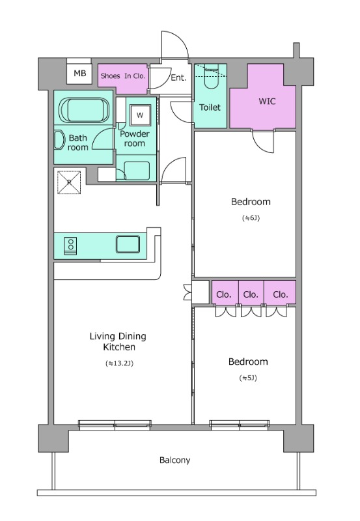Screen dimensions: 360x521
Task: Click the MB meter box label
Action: [79, 73]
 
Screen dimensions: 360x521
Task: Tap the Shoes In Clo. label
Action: [123, 76]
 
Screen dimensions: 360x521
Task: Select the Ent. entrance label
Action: [178, 77]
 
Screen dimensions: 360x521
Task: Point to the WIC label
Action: [267, 101]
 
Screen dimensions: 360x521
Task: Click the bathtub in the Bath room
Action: [84, 110]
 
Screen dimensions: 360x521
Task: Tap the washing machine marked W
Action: [140, 115]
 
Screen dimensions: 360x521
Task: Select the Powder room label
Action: [135, 139]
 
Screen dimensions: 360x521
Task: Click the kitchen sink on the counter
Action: [128, 244]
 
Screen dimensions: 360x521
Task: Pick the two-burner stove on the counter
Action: [70, 246]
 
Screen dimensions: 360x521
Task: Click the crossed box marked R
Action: [69, 182]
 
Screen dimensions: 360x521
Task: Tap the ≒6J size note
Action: [251, 218]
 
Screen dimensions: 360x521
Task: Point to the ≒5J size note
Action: [248, 378]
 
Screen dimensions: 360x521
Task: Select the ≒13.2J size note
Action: [119, 363]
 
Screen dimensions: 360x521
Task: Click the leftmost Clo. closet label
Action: [223, 294]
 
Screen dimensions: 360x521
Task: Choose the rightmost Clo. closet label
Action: [281, 294]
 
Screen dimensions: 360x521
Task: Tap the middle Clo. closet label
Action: [251, 294]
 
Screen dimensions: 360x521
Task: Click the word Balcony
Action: [174, 460]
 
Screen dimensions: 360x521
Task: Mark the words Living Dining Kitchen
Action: [118, 341]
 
